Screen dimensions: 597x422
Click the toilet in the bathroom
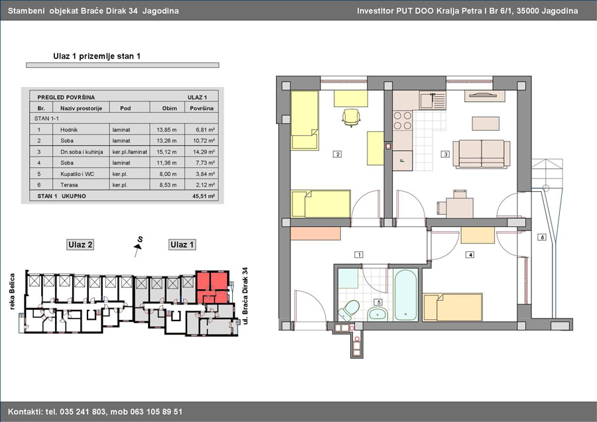click(349, 311)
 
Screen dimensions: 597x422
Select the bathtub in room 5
click(406, 295)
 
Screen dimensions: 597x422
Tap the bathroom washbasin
click(377, 314)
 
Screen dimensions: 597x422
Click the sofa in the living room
click(482, 154)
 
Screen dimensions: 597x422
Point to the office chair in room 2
click(351, 117)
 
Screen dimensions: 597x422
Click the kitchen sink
click(432, 100)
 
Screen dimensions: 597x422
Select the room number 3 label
click(445, 154)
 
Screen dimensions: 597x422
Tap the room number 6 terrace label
click(542, 237)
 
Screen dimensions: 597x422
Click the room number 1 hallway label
click(358, 254)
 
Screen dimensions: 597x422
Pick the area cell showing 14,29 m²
click(205, 151)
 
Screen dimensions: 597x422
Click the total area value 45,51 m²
click(204, 196)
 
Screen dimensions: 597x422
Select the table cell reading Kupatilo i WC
click(77, 174)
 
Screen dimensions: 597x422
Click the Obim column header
click(169, 108)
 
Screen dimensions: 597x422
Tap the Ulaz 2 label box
click(80, 245)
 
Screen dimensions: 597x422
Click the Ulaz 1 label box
click(182, 245)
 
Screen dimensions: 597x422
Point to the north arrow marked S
click(138, 246)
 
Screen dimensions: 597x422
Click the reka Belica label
click(12, 291)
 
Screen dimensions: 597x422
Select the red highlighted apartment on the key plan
click(212, 287)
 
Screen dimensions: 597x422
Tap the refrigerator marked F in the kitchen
click(403, 161)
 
